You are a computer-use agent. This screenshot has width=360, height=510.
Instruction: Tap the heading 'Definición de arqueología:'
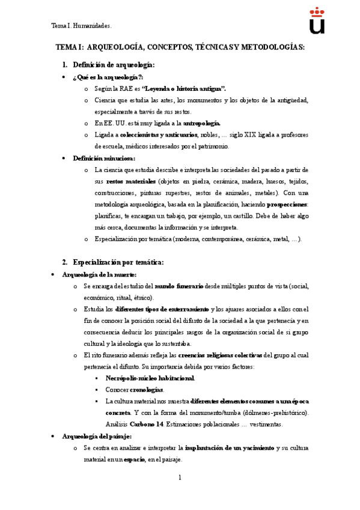114,64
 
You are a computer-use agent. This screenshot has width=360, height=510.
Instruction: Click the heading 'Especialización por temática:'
118,262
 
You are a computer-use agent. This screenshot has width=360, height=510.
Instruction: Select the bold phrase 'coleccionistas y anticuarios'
159,134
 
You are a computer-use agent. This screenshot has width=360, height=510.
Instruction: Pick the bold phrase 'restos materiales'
130,181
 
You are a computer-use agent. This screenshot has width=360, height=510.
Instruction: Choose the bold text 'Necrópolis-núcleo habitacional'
150,378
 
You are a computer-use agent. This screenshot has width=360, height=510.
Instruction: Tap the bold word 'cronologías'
147,390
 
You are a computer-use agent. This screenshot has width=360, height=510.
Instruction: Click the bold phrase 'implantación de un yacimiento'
230,448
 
